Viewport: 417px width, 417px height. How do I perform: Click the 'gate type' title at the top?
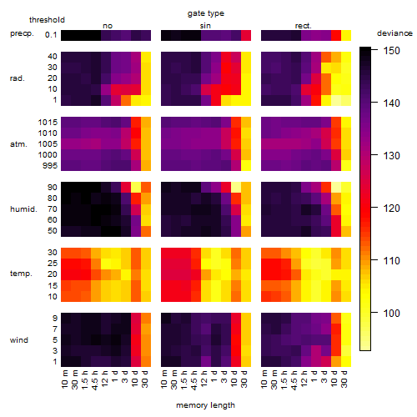click(x=206, y=13)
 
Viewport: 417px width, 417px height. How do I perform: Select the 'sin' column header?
click(x=205, y=26)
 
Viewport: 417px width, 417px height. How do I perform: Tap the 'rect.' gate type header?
click(x=303, y=26)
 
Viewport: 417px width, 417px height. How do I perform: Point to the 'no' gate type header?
click(x=108, y=26)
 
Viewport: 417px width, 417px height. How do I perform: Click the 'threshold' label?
click(x=47, y=20)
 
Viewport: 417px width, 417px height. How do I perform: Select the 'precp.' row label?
click(x=22, y=33)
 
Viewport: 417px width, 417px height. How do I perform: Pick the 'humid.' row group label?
click(x=23, y=209)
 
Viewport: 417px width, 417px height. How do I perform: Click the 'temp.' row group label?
click(x=21, y=274)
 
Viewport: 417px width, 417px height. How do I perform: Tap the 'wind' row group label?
click(x=19, y=340)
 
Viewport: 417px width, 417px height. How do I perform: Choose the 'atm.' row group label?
click(x=18, y=144)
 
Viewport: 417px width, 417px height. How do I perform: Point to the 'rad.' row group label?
click(x=18, y=78)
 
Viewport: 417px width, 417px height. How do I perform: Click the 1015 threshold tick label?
click(x=48, y=123)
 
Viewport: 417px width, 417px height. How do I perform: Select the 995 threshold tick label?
click(x=50, y=166)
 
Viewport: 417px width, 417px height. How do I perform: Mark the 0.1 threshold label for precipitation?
click(x=51, y=35)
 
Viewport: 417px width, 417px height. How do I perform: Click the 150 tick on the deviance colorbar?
click(x=392, y=51)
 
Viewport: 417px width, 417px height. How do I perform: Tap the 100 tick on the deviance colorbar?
click(x=392, y=314)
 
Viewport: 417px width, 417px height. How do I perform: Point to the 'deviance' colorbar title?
click(x=394, y=33)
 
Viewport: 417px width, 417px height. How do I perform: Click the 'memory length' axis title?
click(x=206, y=405)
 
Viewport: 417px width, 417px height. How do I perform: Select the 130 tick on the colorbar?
click(x=392, y=156)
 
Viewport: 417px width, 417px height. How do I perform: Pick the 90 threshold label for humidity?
click(x=53, y=188)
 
